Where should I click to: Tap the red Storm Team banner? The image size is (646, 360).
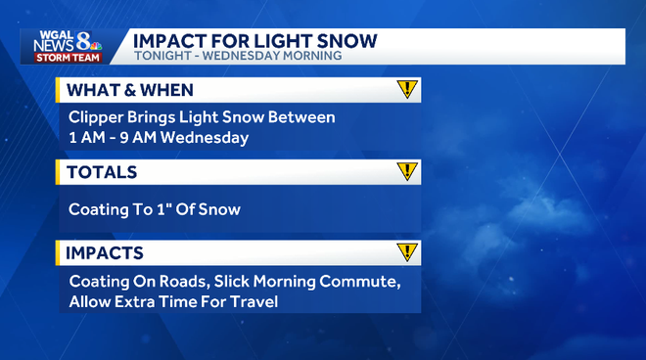[65, 57]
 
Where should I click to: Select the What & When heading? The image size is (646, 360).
[129, 90]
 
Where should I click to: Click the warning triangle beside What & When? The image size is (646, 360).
[407, 90]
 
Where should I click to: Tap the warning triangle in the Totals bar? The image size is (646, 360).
[407, 172]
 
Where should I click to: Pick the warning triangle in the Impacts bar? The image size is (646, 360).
[407, 252]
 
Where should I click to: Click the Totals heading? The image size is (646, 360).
[102, 172]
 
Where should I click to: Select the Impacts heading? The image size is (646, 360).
[106, 253]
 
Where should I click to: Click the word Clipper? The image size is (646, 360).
[96, 117]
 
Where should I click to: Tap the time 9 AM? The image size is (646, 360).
[143, 138]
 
